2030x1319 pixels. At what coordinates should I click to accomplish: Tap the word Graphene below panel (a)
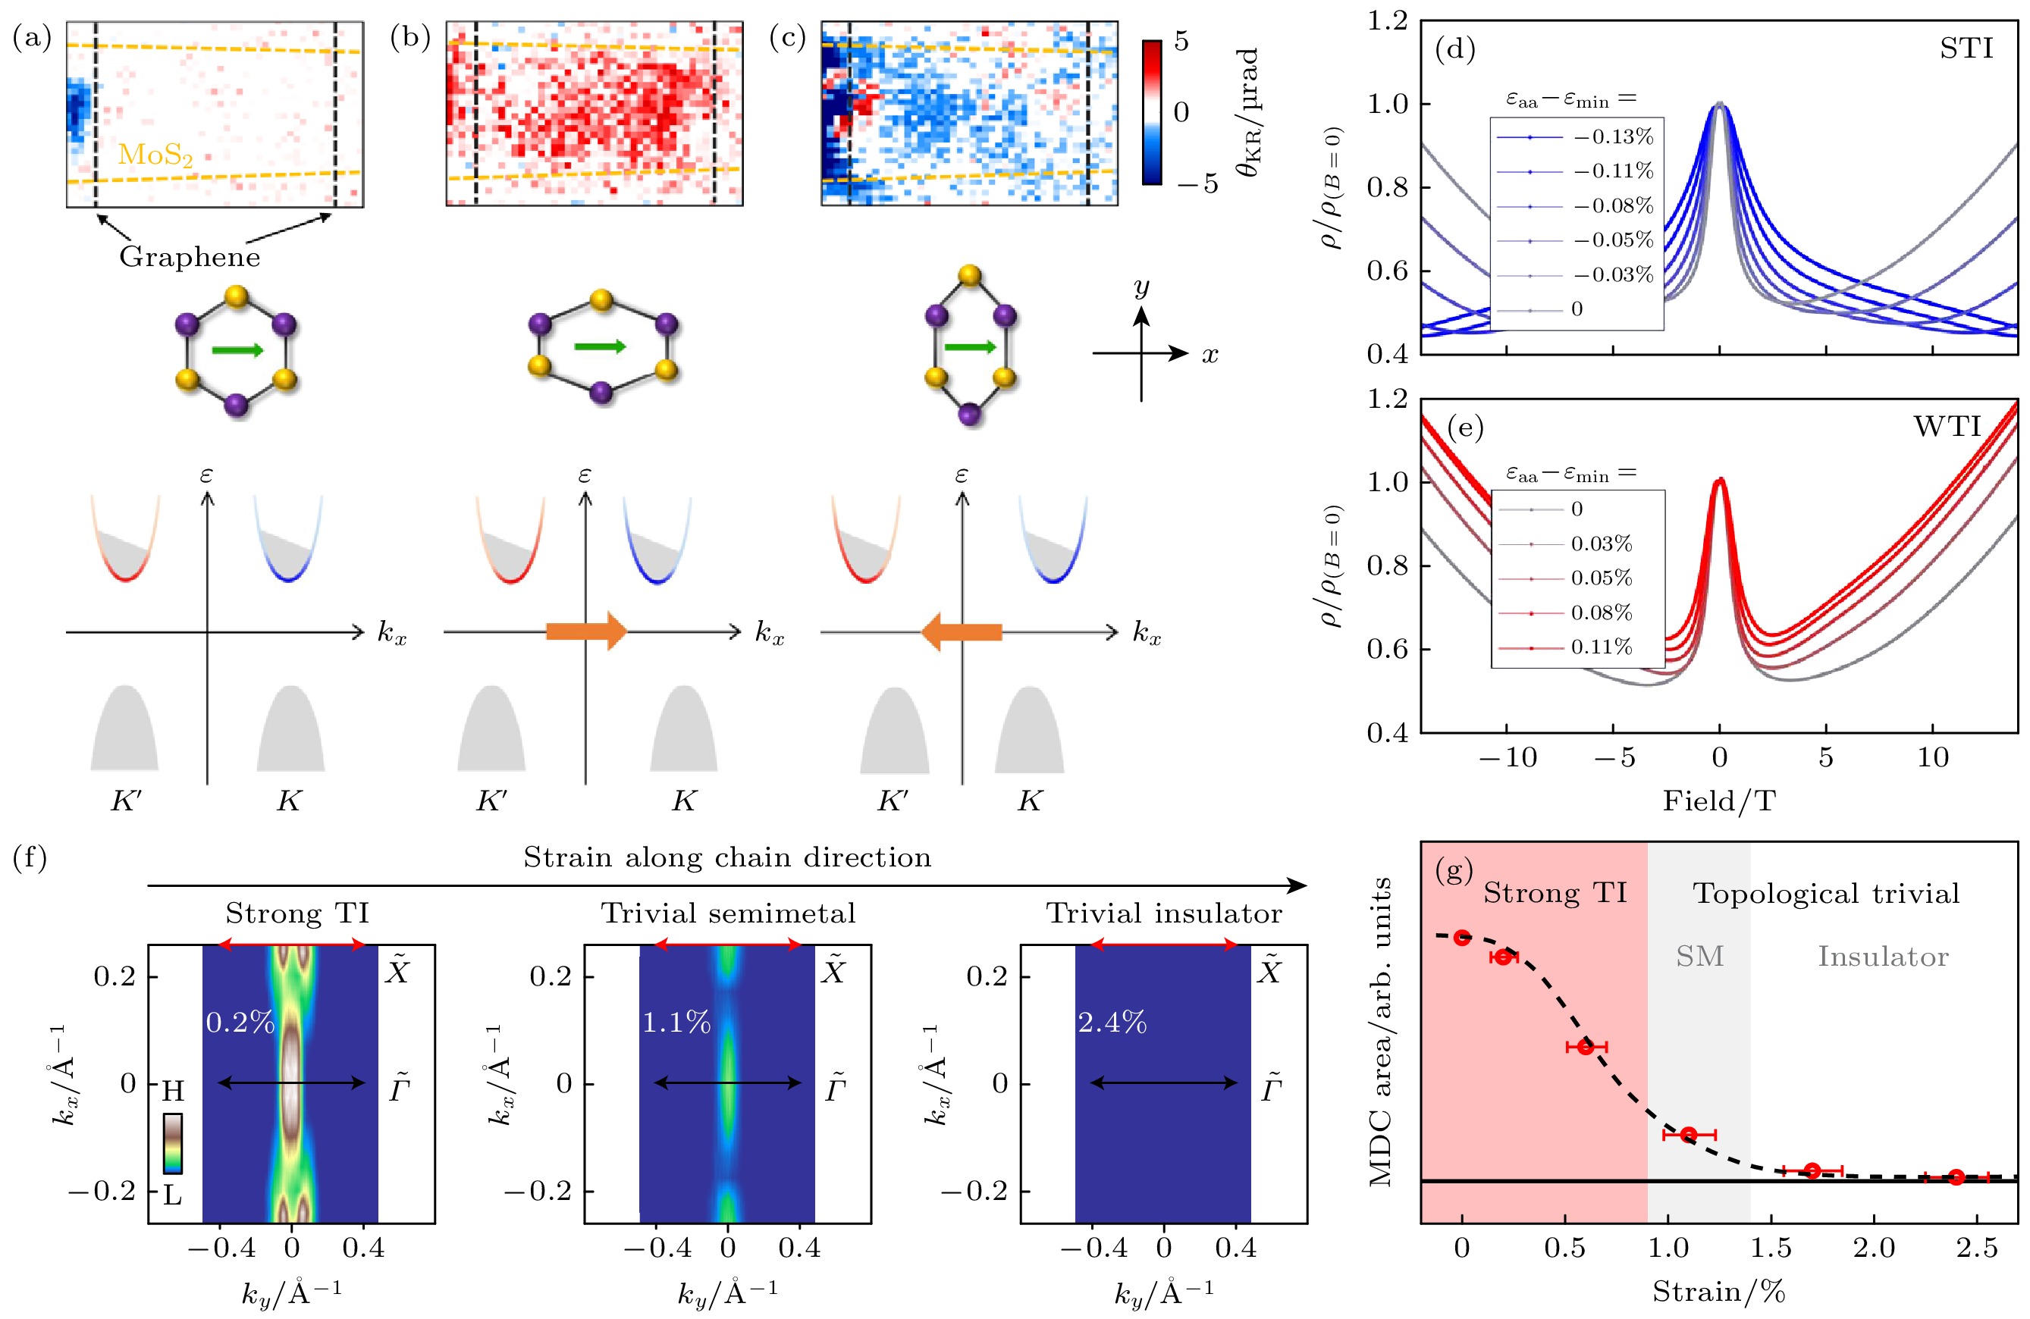(190, 257)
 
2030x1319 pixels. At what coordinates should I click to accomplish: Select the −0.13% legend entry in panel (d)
(1613, 136)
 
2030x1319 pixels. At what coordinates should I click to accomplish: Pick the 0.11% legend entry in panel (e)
(1601, 647)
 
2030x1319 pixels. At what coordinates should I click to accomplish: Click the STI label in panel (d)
(1966, 49)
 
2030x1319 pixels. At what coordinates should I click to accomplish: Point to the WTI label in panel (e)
(1947, 426)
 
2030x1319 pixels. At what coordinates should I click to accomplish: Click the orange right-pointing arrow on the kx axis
(586, 631)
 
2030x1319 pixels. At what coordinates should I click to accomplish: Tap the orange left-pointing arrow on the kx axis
(962, 631)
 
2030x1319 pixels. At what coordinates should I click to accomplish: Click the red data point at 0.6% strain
(1586, 1046)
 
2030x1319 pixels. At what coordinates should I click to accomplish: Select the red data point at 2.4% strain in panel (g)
(1956, 1177)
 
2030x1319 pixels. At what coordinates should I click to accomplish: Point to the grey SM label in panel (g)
(1699, 957)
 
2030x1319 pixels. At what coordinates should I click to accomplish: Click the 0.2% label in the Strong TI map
(240, 1021)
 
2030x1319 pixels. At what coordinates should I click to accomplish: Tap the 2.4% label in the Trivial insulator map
(1112, 1021)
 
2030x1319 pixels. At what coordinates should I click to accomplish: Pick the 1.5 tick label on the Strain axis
(1771, 1249)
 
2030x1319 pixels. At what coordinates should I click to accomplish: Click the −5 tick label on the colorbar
(1198, 183)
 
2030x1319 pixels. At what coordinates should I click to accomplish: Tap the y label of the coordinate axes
(1142, 287)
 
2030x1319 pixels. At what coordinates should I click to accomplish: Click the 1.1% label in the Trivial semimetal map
(676, 1021)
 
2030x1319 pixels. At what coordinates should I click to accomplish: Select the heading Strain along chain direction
(726, 857)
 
